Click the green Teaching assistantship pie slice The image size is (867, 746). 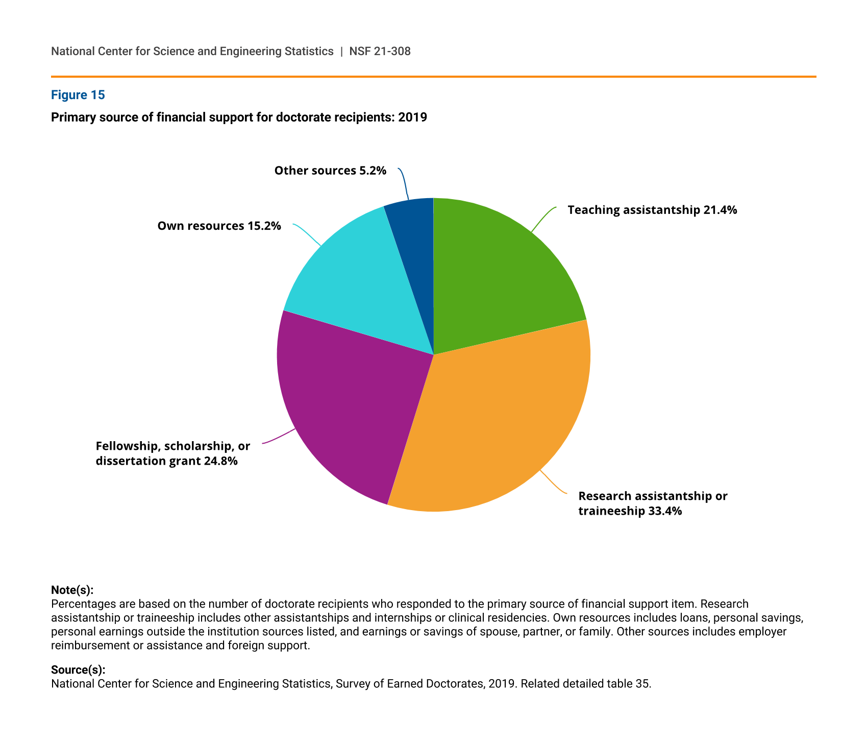point(500,276)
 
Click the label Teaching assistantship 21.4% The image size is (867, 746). point(652,210)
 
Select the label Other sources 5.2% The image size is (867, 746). point(330,171)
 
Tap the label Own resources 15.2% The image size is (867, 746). point(219,226)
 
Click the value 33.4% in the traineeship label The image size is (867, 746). point(665,511)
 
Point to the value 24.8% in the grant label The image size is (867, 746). point(220,462)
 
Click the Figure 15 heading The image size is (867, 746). point(78,95)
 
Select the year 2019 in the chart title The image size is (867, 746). point(412,117)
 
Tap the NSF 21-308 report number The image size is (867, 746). point(380,51)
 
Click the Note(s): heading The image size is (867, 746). point(72,590)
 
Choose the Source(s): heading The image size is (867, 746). point(78,670)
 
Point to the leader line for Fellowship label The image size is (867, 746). point(279,437)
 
